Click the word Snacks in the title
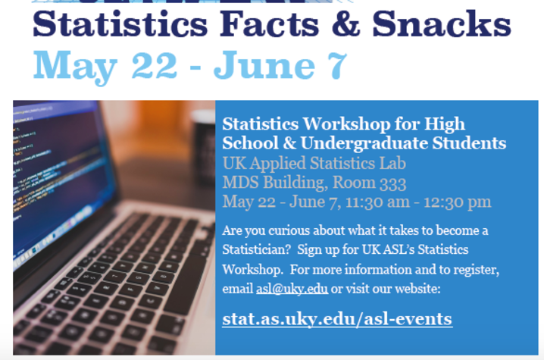(x=441, y=23)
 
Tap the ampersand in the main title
(x=346, y=23)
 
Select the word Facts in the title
(x=269, y=23)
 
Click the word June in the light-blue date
(x=264, y=65)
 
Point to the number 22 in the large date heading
(x=155, y=65)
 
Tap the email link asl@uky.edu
(x=292, y=289)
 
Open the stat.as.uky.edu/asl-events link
(x=337, y=318)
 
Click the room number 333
(x=392, y=183)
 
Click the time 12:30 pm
(x=458, y=202)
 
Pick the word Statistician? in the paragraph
(x=256, y=249)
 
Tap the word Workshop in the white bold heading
(x=346, y=124)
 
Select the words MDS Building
(x=275, y=183)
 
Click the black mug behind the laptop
(x=205, y=146)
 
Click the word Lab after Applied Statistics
(x=392, y=163)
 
